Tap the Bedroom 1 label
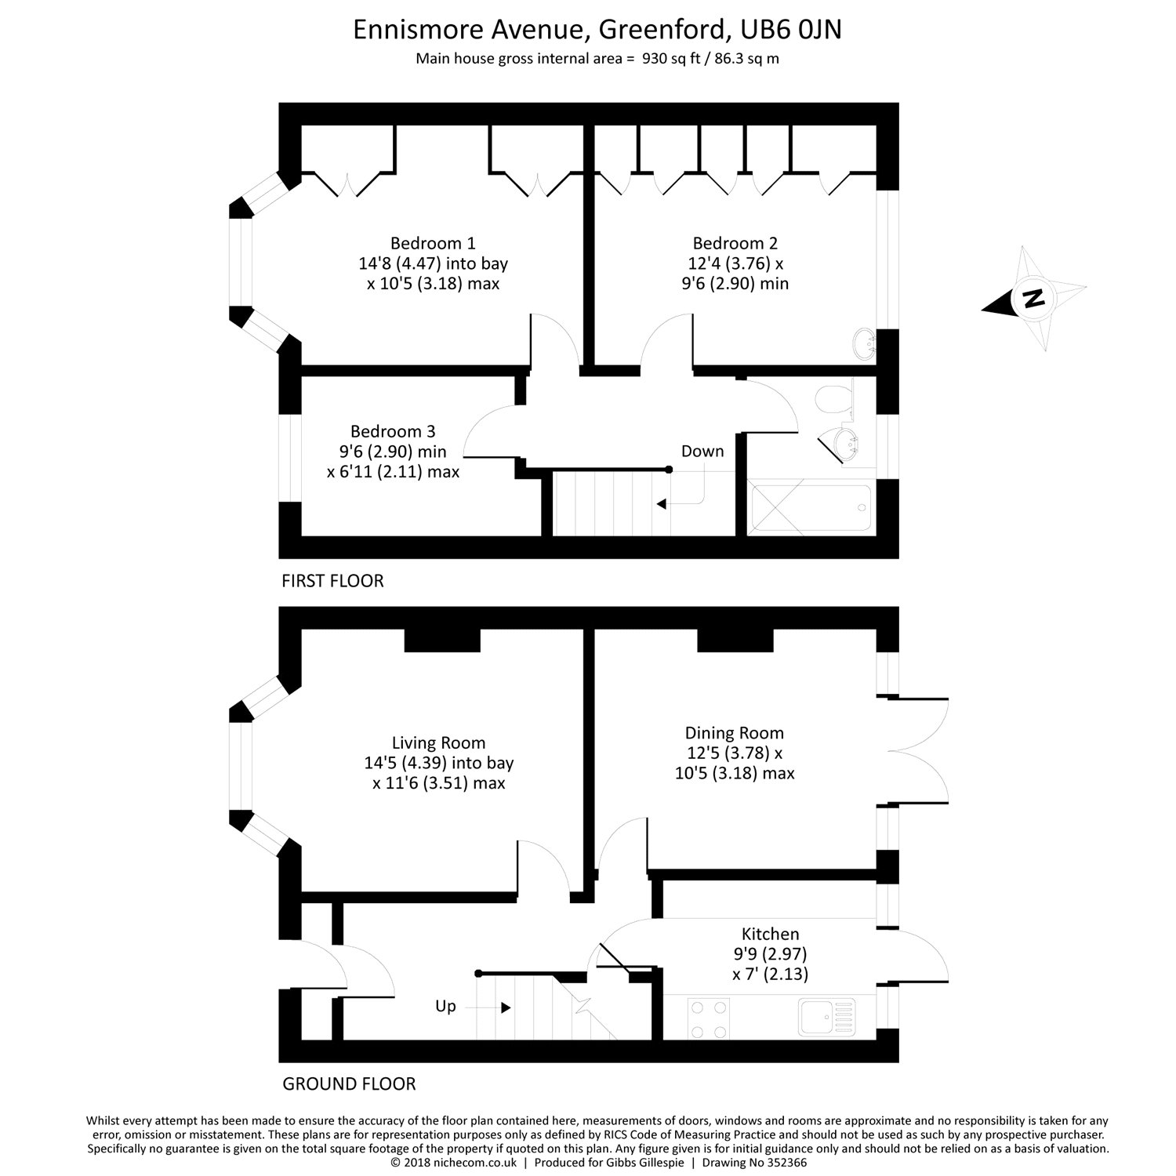433,243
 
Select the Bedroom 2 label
735,243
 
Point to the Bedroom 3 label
392,431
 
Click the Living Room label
438,742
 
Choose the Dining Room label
734,733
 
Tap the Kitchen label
770,934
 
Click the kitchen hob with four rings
708,1017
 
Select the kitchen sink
826,1016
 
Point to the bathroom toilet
830,399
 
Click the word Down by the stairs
702,451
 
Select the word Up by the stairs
445,1006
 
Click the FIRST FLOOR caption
332,581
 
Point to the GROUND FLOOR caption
349,1084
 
